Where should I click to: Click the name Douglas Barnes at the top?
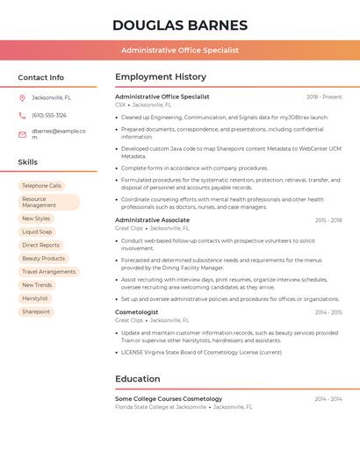(180, 25)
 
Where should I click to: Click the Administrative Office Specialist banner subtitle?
(180, 50)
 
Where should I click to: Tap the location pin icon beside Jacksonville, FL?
(22, 97)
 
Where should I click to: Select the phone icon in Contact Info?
(22, 115)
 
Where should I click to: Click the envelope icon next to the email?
(22, 134)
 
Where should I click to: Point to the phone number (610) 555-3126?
(49, 115)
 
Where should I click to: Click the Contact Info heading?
(41, 77)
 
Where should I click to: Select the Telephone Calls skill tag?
(41, 186)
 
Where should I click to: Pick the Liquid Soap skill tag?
(37, 232)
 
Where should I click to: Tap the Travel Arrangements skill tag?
(48, 272)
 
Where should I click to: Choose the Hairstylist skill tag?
(35, 298)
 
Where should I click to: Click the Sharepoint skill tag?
(36, 311)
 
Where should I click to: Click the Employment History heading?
(161, 77)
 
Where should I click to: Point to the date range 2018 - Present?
(324, 97)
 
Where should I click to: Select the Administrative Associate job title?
(152, 220)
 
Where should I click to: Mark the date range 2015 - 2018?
(328, 220)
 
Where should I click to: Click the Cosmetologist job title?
(137, 312)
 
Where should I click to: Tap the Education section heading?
(137, 379)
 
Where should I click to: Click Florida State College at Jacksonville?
(161, 407)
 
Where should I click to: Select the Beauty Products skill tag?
(43, 259)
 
